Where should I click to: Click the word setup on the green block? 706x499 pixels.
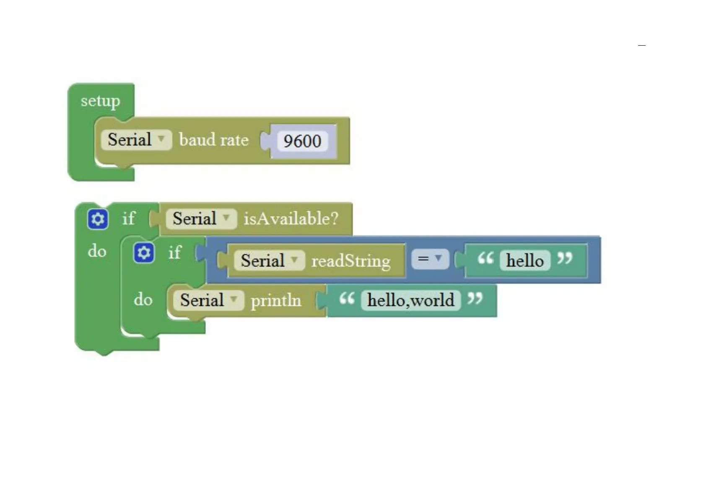point(100,101)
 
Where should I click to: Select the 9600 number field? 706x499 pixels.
point(302,141)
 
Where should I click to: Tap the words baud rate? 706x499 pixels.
point(214,140)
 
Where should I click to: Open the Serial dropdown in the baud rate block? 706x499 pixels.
point(136,140)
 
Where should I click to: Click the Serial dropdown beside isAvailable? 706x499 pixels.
point(201,218)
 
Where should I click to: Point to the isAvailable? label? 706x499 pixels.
point(291,219)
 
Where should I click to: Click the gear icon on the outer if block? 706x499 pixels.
point(98,219)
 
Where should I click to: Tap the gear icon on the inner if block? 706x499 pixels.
point(144,253)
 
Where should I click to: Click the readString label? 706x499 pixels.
point(351,261)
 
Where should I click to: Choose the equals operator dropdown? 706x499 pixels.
point(430,259)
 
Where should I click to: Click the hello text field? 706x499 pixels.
point(525,261)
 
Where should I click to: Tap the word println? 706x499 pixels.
point(276,300)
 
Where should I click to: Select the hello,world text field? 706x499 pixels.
point(410,300)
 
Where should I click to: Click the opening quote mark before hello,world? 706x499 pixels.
point(347,299)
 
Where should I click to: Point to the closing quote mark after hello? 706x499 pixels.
point(564,258)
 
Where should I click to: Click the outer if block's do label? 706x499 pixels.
point(97,251)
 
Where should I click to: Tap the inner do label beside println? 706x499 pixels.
point(143,300)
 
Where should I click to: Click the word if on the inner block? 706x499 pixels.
point(175,253)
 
